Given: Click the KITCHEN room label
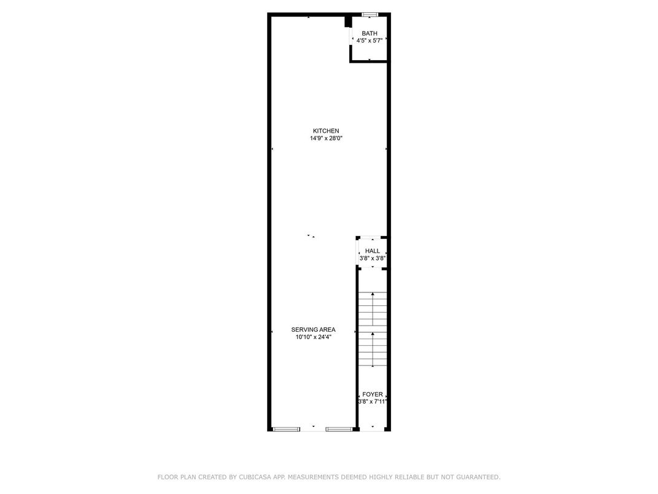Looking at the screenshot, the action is pos(326,131).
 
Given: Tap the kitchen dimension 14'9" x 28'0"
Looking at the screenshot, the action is pos(326,138).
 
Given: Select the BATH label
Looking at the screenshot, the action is pos(370,33).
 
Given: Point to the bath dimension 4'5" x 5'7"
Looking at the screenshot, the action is pos(370,41).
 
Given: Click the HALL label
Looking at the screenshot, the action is pos(372,251).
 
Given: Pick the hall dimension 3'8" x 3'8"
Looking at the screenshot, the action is pos(372,258).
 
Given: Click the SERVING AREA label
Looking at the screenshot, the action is pos(313,330).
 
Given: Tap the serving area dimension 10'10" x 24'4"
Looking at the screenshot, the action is pos(313,337).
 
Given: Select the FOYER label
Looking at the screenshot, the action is pos(372,394).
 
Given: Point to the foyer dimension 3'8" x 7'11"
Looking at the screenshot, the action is pos(372,402).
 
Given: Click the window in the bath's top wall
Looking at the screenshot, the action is pos(370,15).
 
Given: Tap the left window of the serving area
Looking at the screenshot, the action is pos(286,429).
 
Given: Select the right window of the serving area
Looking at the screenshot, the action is pos(339,429).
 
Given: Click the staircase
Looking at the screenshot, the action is pos(373,329).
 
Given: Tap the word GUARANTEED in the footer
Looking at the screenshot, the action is pos(478,477).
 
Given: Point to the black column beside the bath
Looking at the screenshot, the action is pos(348,22).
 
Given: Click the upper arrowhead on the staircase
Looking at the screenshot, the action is pos(373,294).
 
